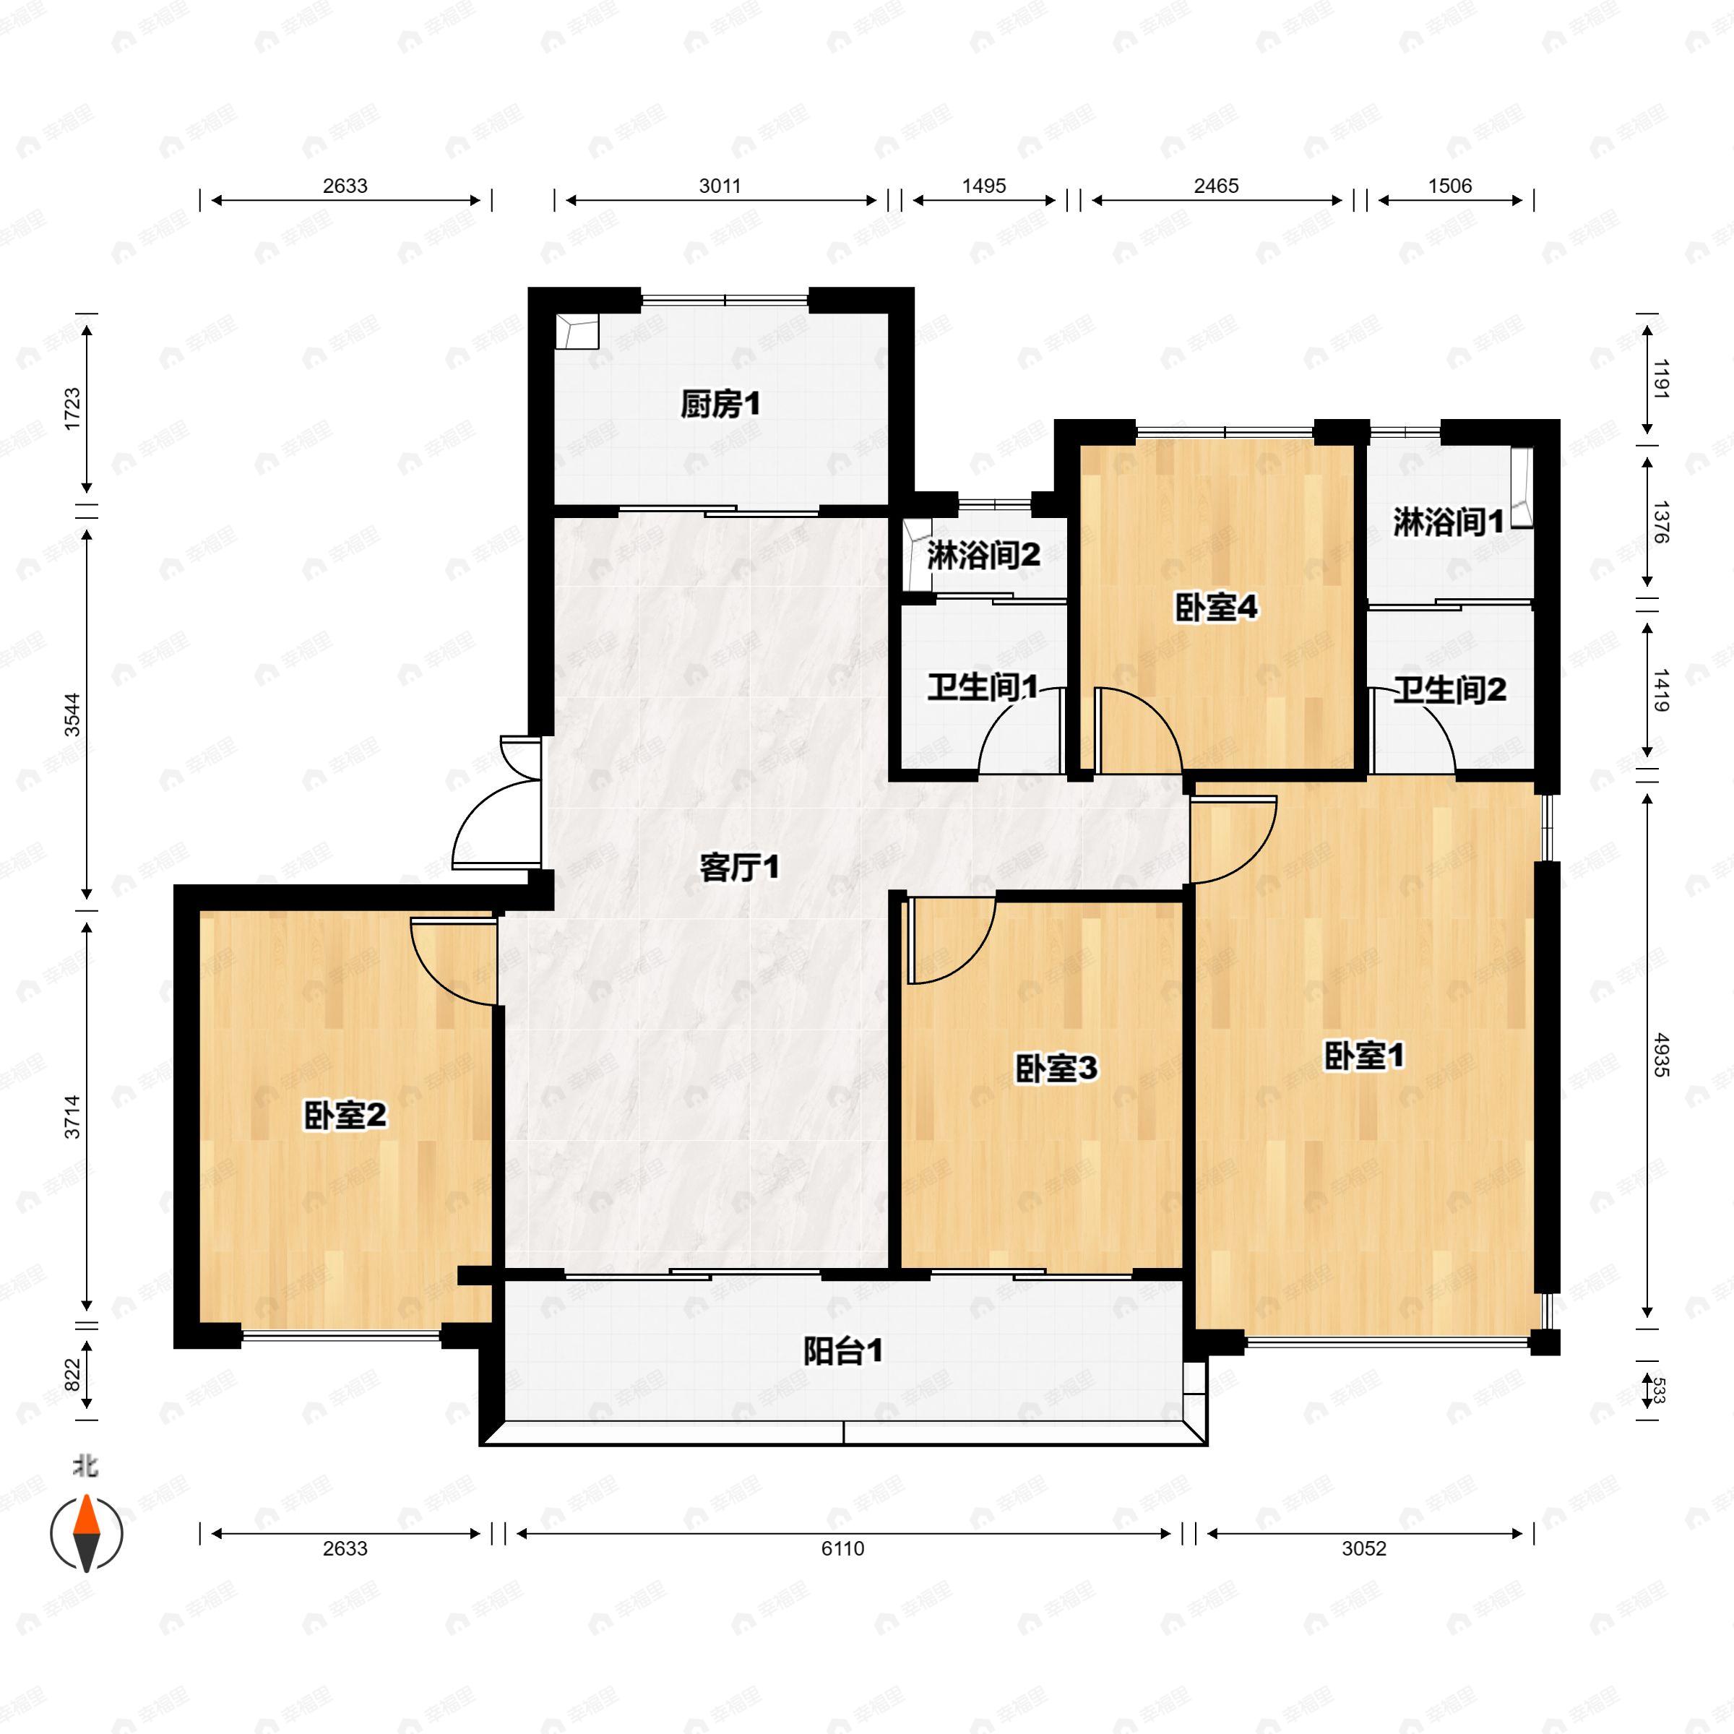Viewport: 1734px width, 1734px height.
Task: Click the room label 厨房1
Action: click(720, 405)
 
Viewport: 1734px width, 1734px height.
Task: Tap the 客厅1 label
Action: click(740, 867)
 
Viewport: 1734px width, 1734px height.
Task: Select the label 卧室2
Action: click(345, 1116)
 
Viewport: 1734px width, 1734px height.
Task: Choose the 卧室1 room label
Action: click(1364, 1056)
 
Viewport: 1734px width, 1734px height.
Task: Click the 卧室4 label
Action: click(1216, 608)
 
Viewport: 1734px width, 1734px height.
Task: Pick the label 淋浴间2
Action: click(983, 556)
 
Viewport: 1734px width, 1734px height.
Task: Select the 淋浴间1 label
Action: click(1448, 522)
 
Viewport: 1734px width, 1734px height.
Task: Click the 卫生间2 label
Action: click(1449, 690)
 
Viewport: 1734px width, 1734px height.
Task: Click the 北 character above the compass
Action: click(86, 1467)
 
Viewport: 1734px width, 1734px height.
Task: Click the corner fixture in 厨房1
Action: click(577, 331)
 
